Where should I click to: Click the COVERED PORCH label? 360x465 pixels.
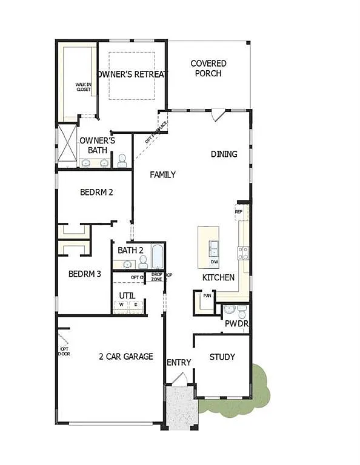(x=208, y=68)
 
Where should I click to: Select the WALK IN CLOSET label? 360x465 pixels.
(x=83, y=87)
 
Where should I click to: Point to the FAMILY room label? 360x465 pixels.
(x=163, y=174)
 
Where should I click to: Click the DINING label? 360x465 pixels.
(x=224, y=154)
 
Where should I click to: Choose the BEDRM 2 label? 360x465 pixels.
(x=97, y=192)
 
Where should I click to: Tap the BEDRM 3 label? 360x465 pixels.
(x=84, y=274)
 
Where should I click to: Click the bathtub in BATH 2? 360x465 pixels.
(x=157, y=257)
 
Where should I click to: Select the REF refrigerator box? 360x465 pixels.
(x=238, y=212)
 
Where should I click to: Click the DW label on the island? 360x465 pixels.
(x=215, y=262)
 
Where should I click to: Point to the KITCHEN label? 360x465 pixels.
(x=218, y=277)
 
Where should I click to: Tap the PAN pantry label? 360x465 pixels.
(x=207, y=296)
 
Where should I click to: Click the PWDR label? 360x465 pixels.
(x=237, y=324)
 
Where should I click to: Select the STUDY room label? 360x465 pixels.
(x=222, y=357)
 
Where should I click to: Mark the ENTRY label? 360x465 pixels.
(x=179, y=362)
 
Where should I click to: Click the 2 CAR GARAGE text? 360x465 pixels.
(x=126, y=356)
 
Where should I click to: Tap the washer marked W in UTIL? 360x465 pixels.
(x=122, y=305)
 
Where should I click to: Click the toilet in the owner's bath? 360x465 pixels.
(x=122, y=160)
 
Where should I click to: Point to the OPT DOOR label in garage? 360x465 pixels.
(x=64, y=351)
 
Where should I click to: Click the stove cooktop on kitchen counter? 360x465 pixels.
(x=243, y=253)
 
